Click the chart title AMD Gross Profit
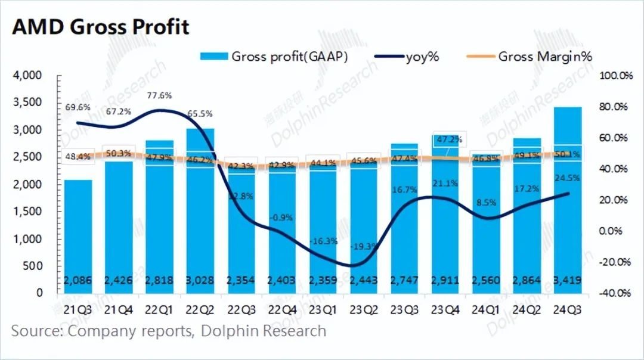click(100, 27)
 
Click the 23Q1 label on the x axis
click(322, 309)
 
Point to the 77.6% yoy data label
click(159, 95)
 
